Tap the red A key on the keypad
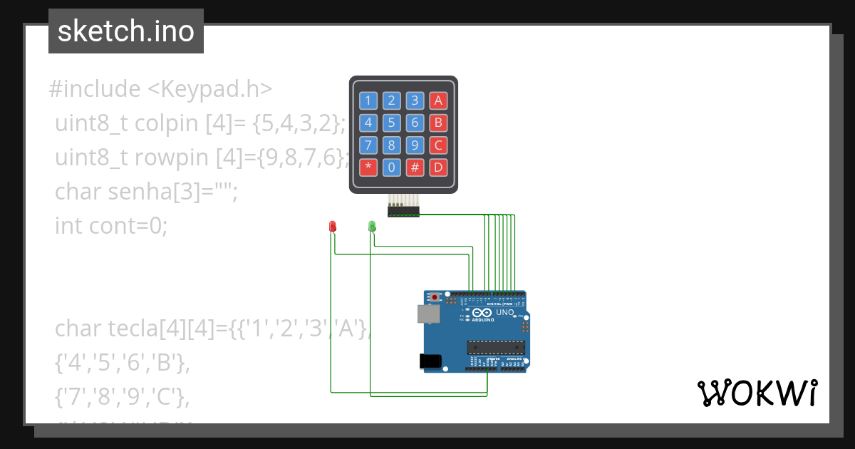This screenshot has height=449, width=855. (438, 100)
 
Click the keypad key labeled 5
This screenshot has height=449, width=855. (391, 123)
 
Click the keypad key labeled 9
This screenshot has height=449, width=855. (415, 145)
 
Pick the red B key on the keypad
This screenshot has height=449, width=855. (438, 123)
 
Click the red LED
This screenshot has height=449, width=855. (332, 226)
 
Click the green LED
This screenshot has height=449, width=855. (371, 226)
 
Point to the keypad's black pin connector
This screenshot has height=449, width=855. (403, 211)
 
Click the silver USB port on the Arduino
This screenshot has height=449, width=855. (428, 314)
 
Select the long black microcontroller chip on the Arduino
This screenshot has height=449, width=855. (496, 347)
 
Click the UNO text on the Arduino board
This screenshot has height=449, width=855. (504, 312)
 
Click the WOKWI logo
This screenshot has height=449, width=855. (757, 393)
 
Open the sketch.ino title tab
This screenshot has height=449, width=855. (126, 31)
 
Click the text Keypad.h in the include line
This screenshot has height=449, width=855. (210, 89)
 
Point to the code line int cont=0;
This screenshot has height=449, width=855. (111, 226)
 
